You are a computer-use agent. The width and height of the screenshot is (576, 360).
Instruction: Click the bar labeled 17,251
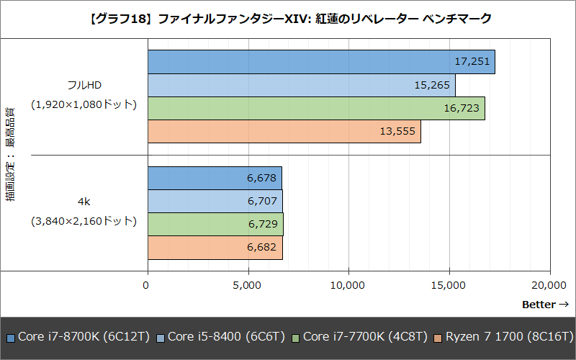point(320,62)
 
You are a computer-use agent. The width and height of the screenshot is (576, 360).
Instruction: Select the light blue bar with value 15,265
point(301,86)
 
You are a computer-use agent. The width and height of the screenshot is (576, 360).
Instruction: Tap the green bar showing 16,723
point(316,109)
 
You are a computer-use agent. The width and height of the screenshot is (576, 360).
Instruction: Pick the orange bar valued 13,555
point(284,132)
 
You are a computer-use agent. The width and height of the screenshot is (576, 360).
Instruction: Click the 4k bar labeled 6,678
point(215,178)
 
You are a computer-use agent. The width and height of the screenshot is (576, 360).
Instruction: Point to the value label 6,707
point(263,202)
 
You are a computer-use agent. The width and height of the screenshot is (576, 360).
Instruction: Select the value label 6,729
point(263,225)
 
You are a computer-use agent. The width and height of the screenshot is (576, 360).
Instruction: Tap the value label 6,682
point(263,248)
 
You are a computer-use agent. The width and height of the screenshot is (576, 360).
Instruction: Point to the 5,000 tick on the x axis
point(248,285)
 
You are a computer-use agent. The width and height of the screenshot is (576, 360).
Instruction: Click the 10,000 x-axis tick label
point(348,285)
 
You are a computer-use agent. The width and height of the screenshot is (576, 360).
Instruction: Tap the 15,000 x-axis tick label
point(449,285)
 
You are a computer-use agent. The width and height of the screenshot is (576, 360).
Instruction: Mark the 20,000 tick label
point(550,285)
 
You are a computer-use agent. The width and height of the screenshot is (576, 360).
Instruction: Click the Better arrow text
point(545,305)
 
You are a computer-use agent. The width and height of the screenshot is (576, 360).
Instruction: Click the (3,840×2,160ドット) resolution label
point(84,221)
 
